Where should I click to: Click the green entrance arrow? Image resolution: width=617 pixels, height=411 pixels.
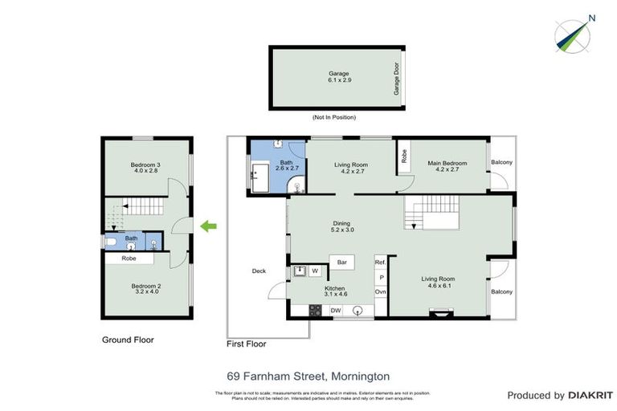[x=208, y=227]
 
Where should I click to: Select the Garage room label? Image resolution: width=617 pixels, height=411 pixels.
[x=338, y=78]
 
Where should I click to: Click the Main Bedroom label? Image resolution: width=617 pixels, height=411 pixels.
[x=447, y=167]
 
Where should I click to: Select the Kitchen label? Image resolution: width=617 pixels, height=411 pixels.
[x=335, y=291]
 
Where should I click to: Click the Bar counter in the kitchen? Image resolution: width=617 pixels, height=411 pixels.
[x=342, y=262]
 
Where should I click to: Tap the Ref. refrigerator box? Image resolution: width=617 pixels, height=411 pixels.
[x=381, y=262]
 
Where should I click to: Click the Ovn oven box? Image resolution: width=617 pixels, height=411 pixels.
[x=381, y=291]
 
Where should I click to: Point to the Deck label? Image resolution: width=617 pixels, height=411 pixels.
[x=259, y=271]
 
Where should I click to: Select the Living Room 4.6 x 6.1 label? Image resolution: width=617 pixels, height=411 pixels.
[x=439, y=283]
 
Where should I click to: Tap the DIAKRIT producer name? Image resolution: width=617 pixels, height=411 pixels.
[x=590, y=395]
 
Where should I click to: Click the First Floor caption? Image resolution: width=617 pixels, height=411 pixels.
[x=247, y=344]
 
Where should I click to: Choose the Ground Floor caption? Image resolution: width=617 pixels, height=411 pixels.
[x=128, y=340]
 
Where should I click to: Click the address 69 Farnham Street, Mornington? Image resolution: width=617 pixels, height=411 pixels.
[x=308, y=375]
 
